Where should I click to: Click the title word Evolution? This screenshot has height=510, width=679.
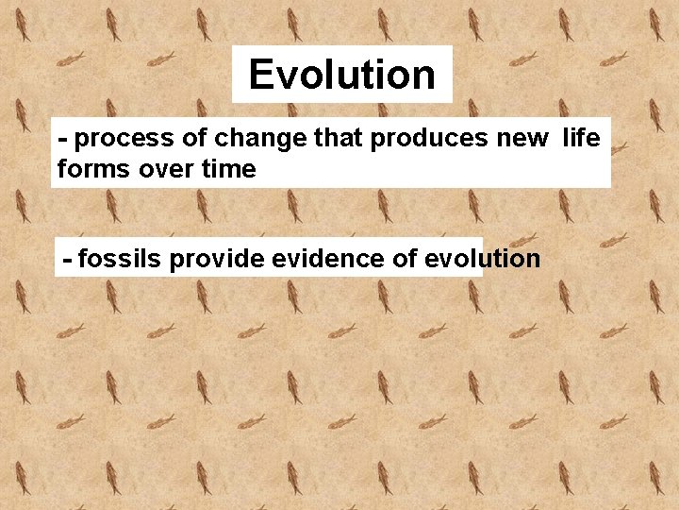click(341, 75)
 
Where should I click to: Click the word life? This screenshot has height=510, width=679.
click(581, 139)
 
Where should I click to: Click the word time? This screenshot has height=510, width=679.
click(226, 169)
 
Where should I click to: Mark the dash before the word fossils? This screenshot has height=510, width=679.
click(67, 260)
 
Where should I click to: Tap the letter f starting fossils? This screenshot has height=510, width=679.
click(82, 259)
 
